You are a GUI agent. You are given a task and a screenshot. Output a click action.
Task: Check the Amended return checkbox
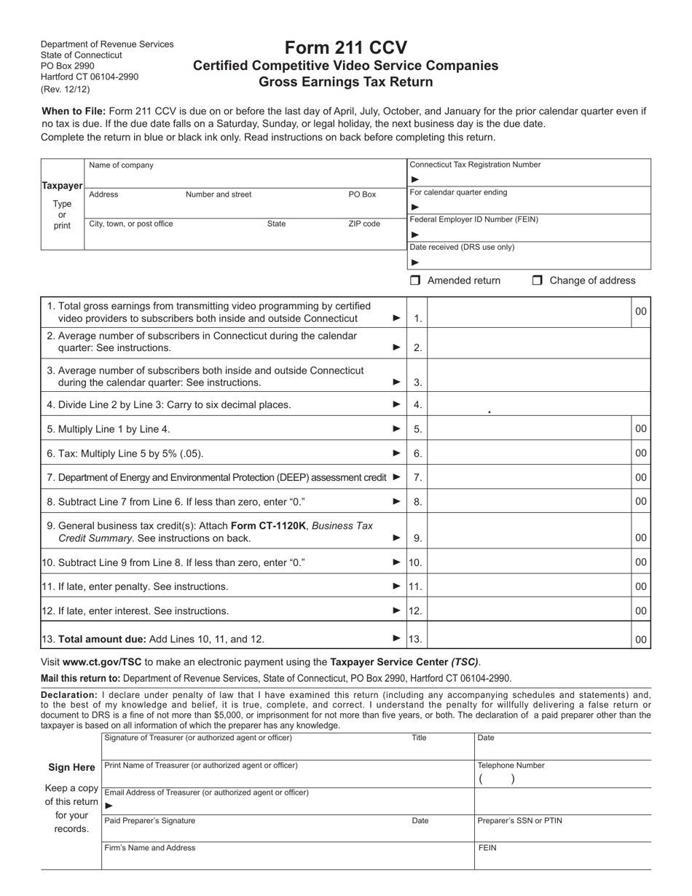coord(415,280)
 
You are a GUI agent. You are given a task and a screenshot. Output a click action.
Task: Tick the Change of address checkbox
coord(538,280)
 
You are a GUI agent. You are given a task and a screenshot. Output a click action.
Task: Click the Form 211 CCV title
coord(345,48)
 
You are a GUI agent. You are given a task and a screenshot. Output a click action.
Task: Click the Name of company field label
coord(121,165)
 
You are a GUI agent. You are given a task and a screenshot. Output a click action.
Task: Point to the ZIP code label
coord(364,224)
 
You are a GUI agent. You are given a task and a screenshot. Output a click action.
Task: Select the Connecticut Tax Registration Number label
coord(475,165)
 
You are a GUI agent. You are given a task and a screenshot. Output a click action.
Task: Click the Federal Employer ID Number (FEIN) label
coord(474,219)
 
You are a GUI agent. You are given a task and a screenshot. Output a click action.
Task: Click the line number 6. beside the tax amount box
coord(417,453)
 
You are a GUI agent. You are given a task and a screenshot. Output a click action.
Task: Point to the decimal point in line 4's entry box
coord(489,412)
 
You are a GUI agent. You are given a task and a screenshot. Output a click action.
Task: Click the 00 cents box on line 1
coord(640,311)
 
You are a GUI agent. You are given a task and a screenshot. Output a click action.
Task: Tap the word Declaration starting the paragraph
coord(69,695)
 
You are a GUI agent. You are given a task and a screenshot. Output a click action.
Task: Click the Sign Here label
coord(71,767)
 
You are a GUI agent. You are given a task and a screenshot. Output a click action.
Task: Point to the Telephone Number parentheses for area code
coord(497,779)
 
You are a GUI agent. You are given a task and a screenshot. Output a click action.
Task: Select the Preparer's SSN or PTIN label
coord(519,820)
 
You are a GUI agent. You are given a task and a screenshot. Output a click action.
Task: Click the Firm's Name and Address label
coord(150,848)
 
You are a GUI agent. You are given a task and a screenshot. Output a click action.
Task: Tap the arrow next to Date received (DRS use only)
coord(415,262)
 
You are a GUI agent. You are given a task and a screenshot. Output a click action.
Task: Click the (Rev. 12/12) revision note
coord(66,89)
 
